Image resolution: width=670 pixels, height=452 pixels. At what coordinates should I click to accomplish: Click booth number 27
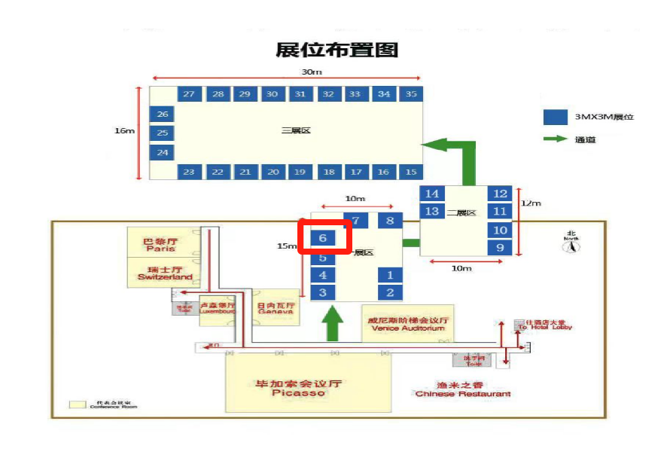(x=188, y=94)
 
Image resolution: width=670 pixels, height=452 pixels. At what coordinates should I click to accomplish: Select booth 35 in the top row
(x=411, y=94)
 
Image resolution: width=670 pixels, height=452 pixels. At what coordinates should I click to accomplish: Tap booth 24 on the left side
(x=162, y=152)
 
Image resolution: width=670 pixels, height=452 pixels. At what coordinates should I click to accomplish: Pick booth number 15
(x=411, y=172)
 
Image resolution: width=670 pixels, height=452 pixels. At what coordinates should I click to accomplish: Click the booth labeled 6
(x=323, y=238)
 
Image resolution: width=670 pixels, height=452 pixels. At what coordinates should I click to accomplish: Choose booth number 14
(x=432, y=194)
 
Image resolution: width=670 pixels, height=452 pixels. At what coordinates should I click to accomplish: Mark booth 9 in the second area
(x=501, y=247)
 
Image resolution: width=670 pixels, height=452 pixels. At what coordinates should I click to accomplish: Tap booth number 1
(x=390, y=275)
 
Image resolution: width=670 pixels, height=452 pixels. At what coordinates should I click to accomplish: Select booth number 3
(x=323, y=292)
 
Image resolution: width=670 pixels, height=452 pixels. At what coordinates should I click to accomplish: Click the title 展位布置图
(x=337, y=50)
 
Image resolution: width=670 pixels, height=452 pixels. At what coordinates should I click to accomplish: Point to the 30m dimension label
(x=312, y=72)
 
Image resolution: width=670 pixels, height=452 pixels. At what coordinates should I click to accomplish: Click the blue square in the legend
(x=555, y=117)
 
